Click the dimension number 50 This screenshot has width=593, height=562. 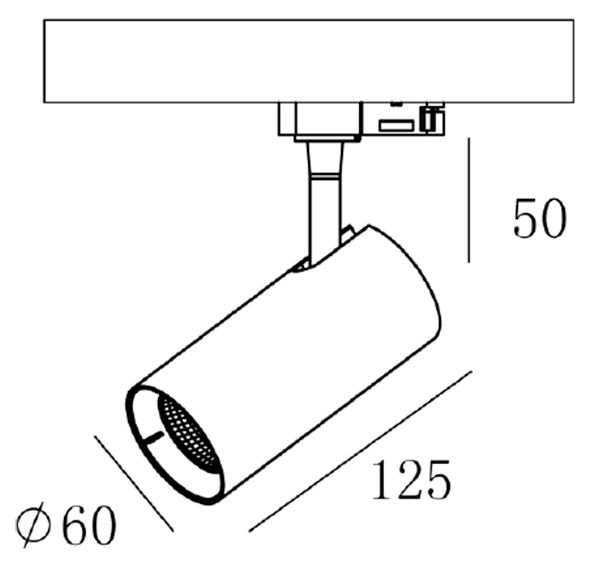[x=540, y=218]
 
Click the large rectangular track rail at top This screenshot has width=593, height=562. [x=308, y=61]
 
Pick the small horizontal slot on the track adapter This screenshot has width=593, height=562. [x=396, y=125]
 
